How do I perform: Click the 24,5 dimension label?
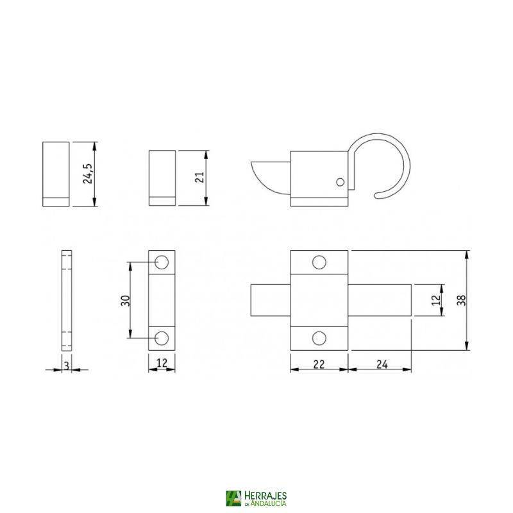pos(88,173)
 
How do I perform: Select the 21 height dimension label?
pos(199,178)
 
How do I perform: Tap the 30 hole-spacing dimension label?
pos(126,300)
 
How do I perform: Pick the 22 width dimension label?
pos(319,364)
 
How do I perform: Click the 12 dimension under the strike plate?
pos(162,364)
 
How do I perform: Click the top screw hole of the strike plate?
pos(162,262)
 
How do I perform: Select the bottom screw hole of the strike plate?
pos(162,337)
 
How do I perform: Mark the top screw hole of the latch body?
pos(319,262)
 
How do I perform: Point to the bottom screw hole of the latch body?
pos(319,338)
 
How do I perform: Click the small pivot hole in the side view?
pos(340,182)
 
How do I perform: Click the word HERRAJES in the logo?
pos(265,495)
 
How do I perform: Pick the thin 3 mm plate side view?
pos(66,299)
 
